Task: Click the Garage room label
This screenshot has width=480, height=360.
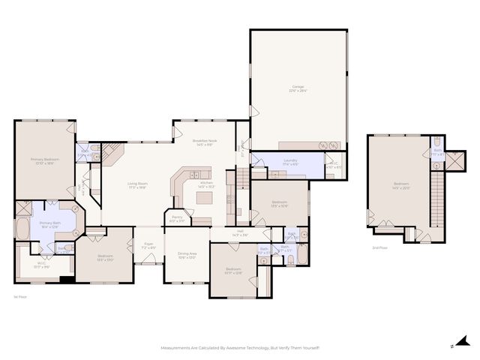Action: (298, 88)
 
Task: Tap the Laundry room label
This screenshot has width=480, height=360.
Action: (290, 160)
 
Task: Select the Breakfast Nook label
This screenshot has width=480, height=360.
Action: (204, 142)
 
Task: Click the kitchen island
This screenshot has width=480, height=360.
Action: (205, 197)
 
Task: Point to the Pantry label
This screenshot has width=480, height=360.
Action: (177, 219)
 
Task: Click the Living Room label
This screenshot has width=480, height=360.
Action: (136, 184)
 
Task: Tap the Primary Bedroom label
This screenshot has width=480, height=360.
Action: (44, 160)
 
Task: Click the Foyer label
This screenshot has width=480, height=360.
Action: (148, 244)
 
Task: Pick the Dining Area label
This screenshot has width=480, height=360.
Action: (187, 255)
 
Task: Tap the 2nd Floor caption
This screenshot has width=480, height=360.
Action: (380, 247)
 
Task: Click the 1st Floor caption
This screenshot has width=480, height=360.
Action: (19, 298)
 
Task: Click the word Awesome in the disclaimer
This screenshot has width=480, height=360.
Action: (229, 348)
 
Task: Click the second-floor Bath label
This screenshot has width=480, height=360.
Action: (436, 151)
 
